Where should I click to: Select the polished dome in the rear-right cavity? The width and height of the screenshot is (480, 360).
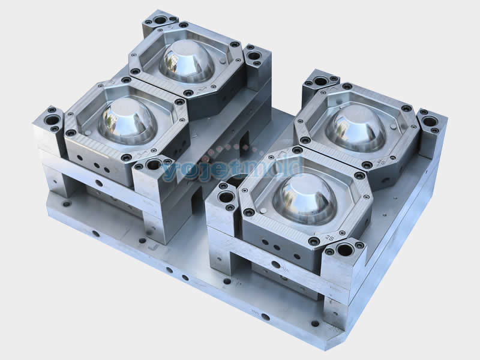356,127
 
